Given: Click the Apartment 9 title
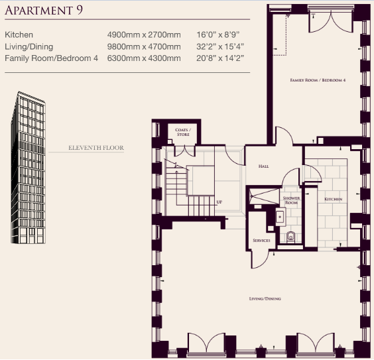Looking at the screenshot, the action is tap(44, 10).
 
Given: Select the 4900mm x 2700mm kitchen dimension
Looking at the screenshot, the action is tap(144, 35).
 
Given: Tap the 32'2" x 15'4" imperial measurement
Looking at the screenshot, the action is tap(220, 46).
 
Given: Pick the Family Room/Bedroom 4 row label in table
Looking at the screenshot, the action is tap(51, 58).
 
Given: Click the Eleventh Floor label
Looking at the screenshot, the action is tap(96, 148).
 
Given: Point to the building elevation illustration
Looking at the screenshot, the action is tap(28, 167).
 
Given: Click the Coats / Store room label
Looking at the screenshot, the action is tap(183, 132).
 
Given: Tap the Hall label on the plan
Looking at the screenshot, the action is tap(263, 166).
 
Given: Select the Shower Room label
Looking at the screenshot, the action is tap(292, 200).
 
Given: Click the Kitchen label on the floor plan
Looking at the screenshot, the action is tap(333, 199).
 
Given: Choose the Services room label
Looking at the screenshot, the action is tap(261, 240).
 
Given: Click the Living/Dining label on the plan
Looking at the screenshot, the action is tap(265, 298).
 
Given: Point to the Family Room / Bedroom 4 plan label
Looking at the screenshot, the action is tap(318, 80).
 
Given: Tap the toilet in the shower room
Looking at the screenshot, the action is tap(290, 237).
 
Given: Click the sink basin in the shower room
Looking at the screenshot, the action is tap(280, 217).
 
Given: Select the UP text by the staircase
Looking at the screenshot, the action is tap(219, 202).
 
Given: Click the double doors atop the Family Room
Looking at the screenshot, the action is tap(331, 22).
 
